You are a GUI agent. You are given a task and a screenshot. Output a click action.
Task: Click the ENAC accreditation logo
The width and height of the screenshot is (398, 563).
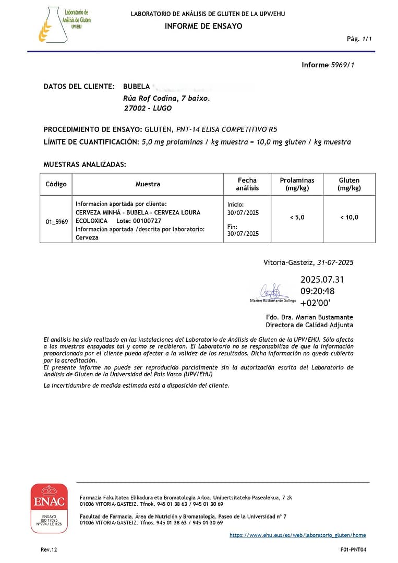point(49,508)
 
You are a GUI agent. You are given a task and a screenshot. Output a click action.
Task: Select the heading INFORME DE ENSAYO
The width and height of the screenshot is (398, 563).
point(203,26)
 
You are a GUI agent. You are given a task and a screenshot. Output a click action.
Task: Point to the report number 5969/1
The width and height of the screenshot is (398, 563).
point(343,65)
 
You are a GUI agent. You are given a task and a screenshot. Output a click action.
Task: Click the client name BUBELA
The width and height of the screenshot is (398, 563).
point(137,87)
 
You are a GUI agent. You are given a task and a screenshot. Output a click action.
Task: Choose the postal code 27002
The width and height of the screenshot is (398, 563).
point(135,109)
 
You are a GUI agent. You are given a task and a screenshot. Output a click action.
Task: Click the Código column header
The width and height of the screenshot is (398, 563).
point(56,184)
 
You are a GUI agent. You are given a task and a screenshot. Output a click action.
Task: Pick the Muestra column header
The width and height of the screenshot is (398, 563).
point(148,184)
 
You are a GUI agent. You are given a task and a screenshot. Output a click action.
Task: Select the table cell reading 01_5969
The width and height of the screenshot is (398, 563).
point(56,221)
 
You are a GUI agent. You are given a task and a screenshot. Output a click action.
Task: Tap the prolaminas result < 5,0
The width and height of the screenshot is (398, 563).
point(297,218)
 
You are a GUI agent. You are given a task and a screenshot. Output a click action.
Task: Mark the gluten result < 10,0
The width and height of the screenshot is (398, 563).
point(349,218)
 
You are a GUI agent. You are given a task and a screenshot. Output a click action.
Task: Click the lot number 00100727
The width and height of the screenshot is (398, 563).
point(147,221)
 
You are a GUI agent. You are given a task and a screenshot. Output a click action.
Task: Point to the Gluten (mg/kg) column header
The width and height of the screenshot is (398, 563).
point(349,184)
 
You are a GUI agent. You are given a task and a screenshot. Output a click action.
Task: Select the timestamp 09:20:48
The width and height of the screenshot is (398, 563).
point(318,291)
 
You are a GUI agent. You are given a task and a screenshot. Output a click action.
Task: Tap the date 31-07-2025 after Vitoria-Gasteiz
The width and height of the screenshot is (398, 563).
point(339,262)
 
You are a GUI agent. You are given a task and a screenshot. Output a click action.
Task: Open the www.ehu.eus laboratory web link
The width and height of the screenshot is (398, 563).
point(298,535)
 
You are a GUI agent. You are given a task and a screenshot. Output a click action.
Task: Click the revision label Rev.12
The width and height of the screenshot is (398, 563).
point(49,549)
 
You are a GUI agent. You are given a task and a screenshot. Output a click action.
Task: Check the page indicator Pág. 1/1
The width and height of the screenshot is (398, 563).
point(359,39)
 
